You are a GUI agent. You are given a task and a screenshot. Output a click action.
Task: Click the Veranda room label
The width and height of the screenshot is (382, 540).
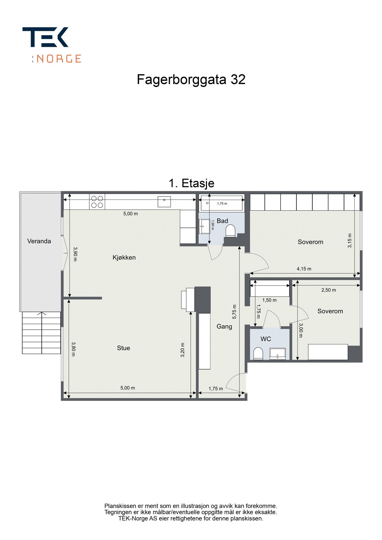(39, 241)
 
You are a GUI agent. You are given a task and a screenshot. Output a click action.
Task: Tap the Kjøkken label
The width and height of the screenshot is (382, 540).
(124, 257)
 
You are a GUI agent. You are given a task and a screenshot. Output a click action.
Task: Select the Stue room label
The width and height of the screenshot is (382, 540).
(123, 348)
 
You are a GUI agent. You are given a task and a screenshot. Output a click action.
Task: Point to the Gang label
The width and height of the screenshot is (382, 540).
(224, 326)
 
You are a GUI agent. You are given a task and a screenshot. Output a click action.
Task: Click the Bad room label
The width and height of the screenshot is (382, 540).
(222, 221)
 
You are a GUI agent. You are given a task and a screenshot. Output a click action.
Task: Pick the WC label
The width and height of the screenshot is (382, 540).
(266, 339)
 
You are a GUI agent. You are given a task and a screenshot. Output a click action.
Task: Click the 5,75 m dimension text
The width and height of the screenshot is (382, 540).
(234, 312)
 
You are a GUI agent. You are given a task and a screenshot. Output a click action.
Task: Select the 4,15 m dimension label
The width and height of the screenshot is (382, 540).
(304, 269)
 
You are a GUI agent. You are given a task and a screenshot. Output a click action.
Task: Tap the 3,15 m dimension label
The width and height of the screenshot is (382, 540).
(350, 241)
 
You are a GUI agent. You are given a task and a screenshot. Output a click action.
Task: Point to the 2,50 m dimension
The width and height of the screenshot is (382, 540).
(329, 290)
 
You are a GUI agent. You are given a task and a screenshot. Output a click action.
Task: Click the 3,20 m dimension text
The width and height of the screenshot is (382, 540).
(182, 350)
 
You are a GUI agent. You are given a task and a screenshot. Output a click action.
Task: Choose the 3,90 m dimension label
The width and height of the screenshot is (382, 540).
(75, 254)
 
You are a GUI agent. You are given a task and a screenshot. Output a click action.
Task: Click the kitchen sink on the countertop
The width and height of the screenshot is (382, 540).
(164, 202)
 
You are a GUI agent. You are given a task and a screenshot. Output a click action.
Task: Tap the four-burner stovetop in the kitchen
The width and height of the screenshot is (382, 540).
(97, 202)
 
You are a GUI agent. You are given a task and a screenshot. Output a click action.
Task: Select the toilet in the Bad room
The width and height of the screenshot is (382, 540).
(230, 231)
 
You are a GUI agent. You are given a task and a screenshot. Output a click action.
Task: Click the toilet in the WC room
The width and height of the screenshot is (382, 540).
(258, 353)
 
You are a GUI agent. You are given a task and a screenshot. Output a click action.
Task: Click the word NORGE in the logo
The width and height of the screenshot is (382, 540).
(59, 58)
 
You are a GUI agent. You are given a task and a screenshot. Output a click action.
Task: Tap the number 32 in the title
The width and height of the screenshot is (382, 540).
(238, 79)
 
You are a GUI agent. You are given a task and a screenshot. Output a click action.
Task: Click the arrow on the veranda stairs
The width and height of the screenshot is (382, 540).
(41, 314)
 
